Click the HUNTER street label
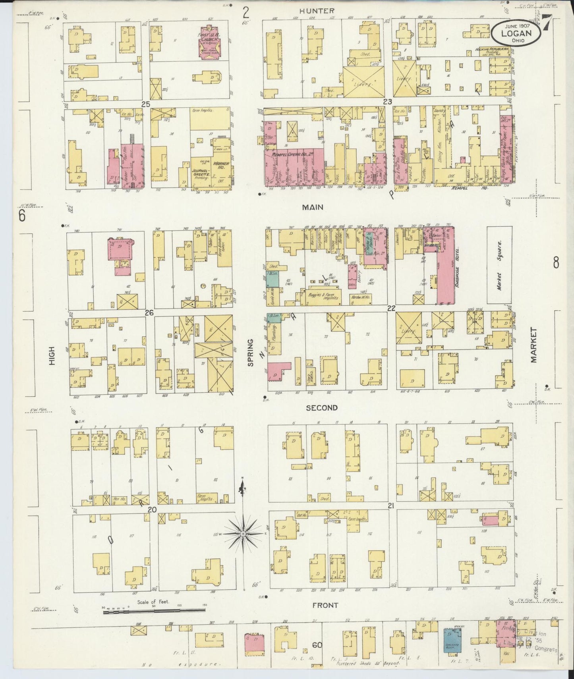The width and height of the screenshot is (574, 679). click(x=317, y=11)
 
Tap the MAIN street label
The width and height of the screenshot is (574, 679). click(x=312, y=207)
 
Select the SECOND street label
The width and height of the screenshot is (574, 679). click(x=321, y=408)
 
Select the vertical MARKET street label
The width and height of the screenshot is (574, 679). click(x=533, y=345)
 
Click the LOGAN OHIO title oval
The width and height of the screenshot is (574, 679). click(x=516, y=33)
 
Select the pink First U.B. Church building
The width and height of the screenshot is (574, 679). click(x=211, y=43)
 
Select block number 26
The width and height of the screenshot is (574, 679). click(x=149, y=313)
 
